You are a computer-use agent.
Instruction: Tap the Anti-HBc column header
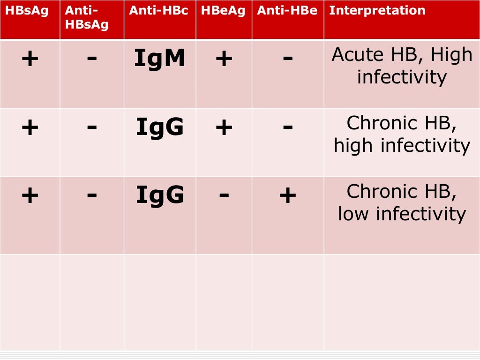point(158,11)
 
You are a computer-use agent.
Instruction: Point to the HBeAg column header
point(223,11)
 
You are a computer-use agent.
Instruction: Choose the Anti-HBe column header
point(287,11)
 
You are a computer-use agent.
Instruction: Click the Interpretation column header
point(377,11)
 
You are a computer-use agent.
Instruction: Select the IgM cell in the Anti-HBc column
point(160,59)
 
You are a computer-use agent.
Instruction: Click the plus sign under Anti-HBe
point(287,196)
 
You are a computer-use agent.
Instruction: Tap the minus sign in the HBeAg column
point(224,195)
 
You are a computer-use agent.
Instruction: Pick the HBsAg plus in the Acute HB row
point(30,59)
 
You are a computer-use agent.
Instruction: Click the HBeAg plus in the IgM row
point(224,59)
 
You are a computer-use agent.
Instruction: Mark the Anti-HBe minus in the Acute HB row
point(287,58)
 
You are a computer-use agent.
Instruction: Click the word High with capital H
point(451,55)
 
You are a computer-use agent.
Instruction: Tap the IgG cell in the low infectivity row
point(160,195)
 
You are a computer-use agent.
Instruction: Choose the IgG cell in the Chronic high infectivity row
point(160,127)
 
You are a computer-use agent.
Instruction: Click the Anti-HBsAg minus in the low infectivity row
point(92,195)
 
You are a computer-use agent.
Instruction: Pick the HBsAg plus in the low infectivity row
point(30,196)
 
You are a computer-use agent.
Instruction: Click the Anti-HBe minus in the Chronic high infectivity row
point(287,127)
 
